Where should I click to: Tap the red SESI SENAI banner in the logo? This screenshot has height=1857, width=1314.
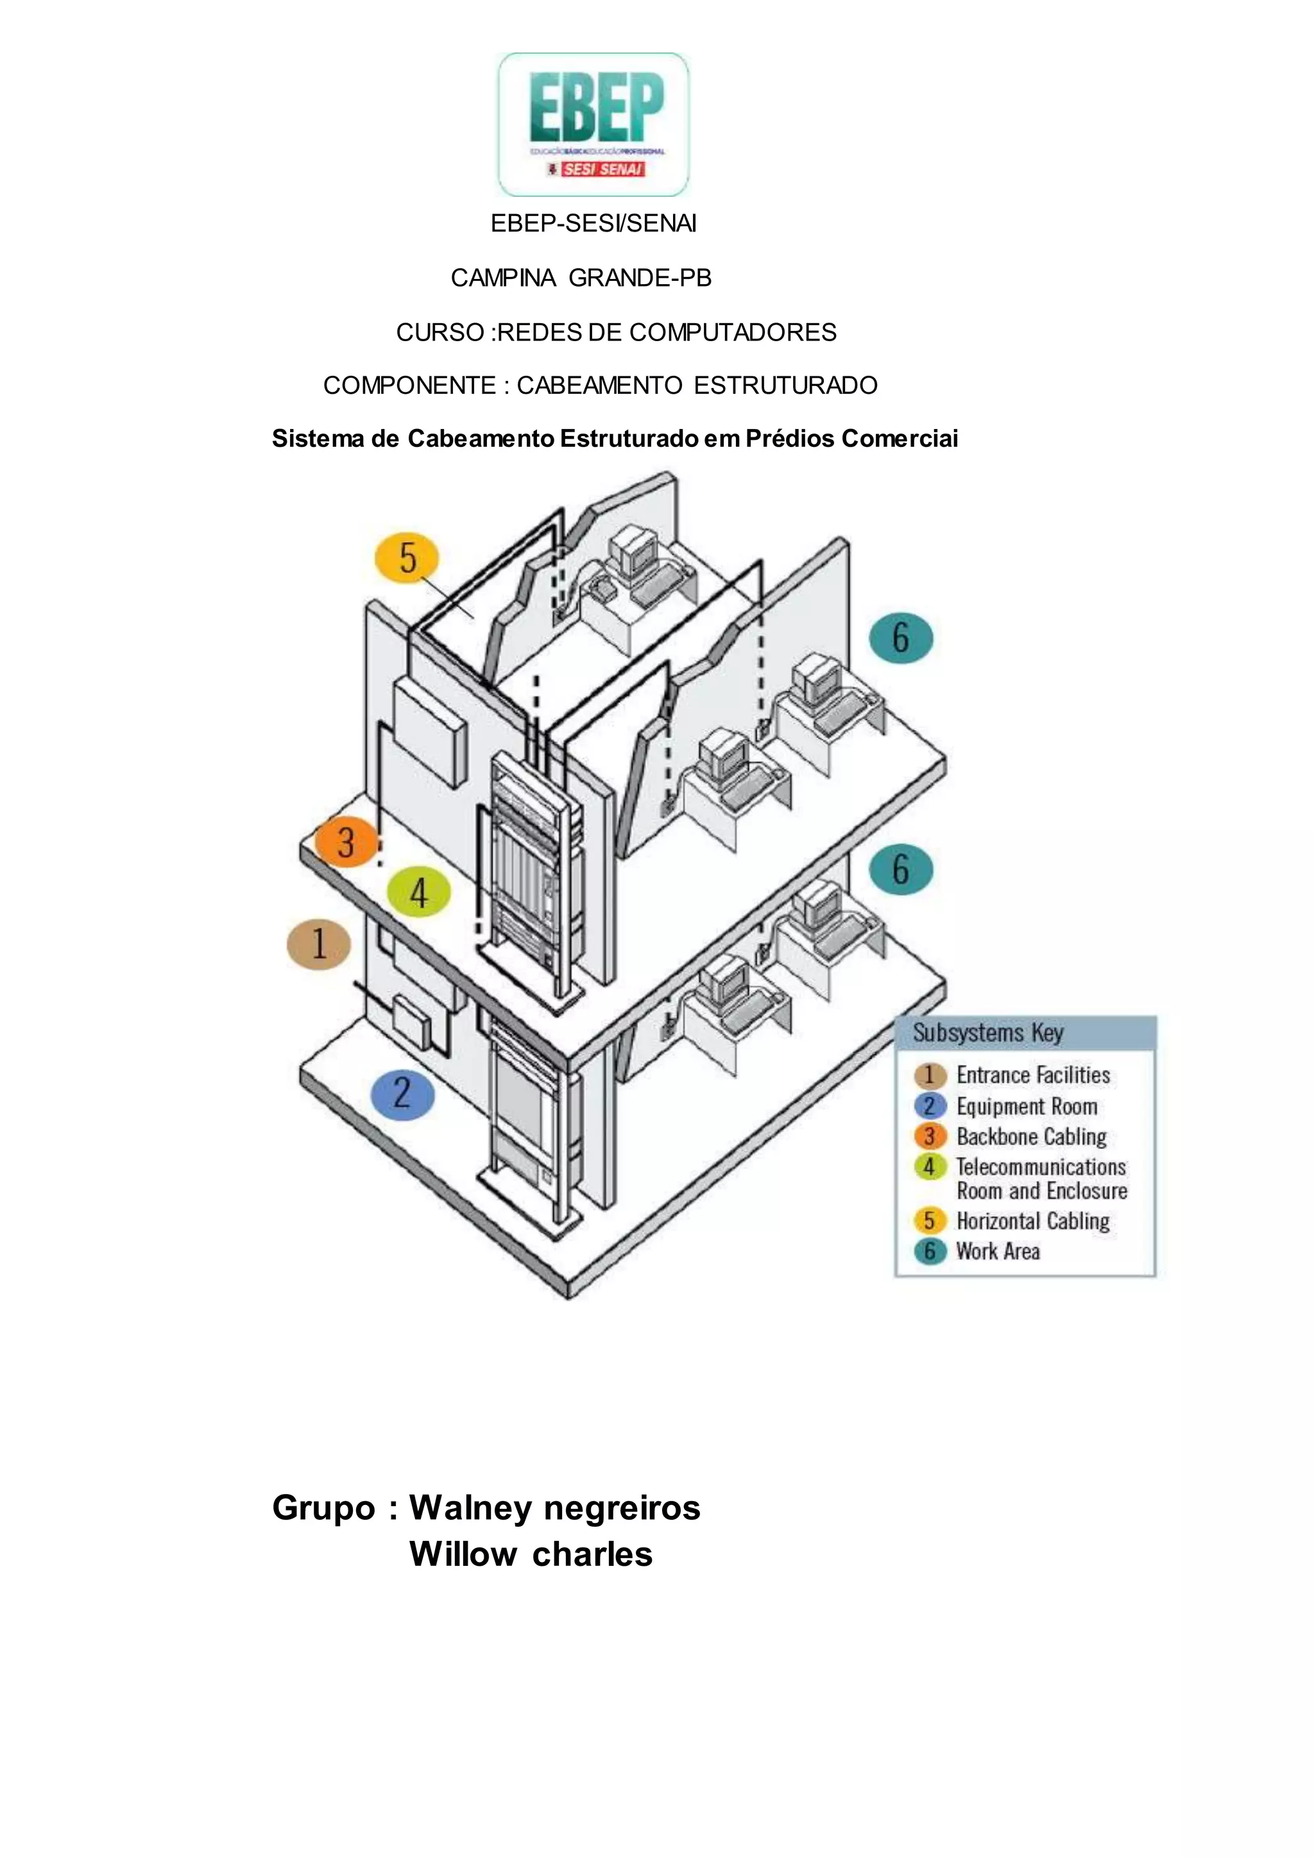coord(603,169)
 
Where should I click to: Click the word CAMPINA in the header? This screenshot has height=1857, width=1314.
coord(503,278)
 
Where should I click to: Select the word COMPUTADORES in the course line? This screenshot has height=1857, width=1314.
coord(733,332)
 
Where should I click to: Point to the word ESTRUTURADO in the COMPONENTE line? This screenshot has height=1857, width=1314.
coord(786,386)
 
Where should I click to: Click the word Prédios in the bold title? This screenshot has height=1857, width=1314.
coord(790,439)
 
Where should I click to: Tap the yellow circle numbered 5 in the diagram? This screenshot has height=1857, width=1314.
coord(407,558)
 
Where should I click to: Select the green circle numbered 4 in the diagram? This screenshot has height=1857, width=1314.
coord(418,893)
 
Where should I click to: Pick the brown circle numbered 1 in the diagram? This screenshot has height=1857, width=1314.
coord(319,944)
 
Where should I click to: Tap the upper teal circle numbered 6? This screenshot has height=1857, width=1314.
coord(901,638)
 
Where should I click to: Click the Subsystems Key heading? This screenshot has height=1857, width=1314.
coord(988,1033)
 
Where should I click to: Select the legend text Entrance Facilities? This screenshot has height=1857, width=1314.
coord(1033,1075)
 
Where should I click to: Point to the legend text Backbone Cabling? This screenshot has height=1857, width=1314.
coord(1032,1136)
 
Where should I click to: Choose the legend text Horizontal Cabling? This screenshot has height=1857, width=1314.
coord(1032,1220)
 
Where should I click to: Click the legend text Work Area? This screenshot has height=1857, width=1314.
coord(998,1251)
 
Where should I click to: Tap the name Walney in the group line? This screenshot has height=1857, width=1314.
coord(469,1508)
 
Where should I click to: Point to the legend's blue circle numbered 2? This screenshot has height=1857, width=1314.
coord(930,1105)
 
